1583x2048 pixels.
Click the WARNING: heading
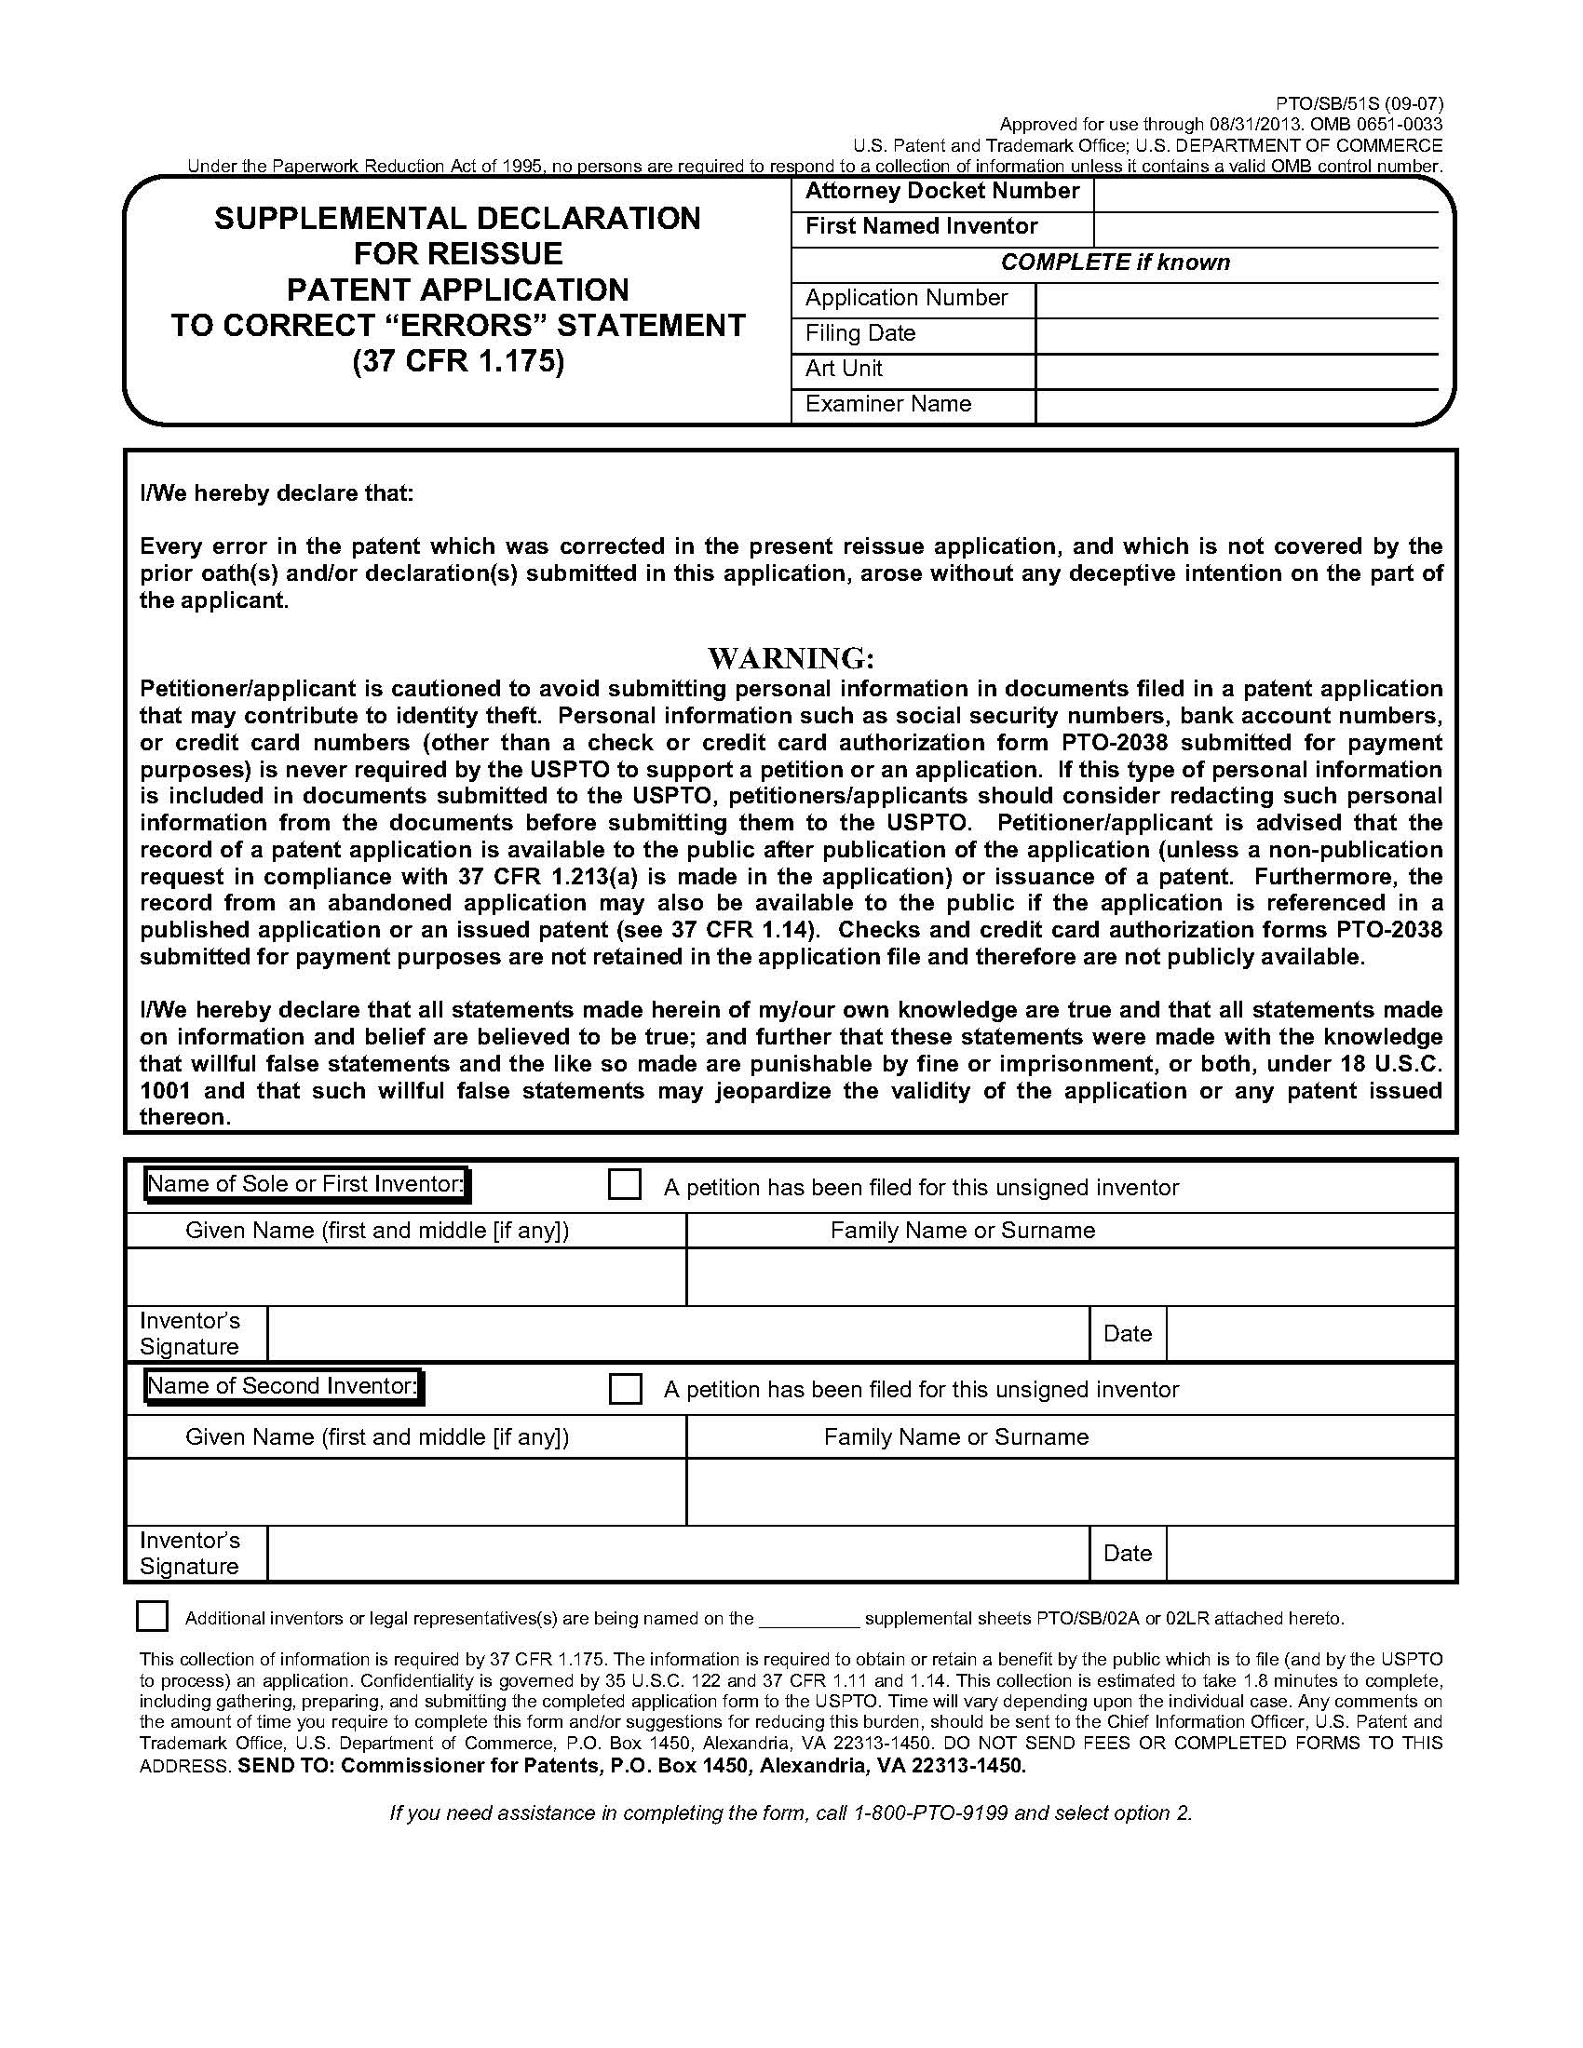point(791,657)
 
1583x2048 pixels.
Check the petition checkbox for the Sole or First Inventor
point(625,1184)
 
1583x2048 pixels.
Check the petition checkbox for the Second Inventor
point(625,1388)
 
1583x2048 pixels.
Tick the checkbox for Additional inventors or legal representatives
point(152,1617)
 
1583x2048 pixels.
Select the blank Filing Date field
point(1236,335)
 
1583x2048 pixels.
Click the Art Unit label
point(843,369)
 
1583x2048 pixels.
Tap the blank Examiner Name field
point(1236,405)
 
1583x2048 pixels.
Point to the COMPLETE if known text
point(1115,263)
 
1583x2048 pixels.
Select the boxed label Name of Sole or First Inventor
point(306,1184)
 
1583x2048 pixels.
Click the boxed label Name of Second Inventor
point(282,1386)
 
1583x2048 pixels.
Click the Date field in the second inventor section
point(1309,1554)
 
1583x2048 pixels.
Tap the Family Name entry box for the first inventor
point(1069,1276)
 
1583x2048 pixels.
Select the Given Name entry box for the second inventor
point(405,1491)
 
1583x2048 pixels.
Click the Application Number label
point(906,298)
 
